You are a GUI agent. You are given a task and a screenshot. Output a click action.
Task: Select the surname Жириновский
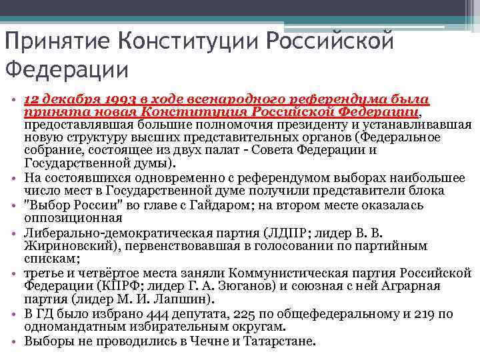(x=61, y=245)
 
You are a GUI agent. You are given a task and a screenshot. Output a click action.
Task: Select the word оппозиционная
(x=73, y=218)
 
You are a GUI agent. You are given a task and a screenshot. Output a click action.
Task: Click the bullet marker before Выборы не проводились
(x=15, y=341)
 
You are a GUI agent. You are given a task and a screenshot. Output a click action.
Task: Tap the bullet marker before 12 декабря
(x=15, y=99)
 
